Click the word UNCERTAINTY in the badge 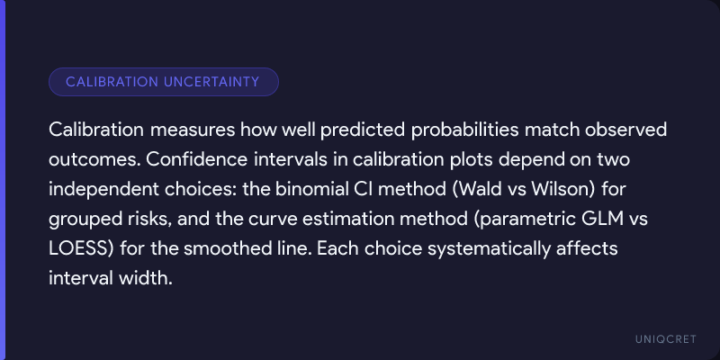click(211, 82)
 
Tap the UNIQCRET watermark click(666, 339)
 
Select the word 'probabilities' click(464, 130)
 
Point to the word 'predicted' click(363, 130)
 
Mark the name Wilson click(564, 189)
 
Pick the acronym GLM click(596, 219)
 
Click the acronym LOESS click(81, 249)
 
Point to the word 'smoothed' click(221, 249)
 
